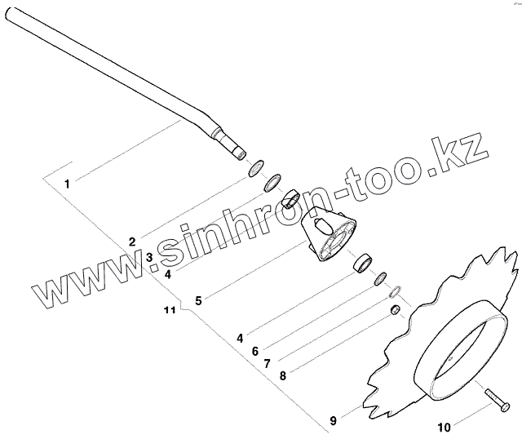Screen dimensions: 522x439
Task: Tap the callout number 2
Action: pos(131,242)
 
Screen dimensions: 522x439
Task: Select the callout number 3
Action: pos(149,257)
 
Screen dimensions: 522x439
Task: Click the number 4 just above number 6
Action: pos(239,338)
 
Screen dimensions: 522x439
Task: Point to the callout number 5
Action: pos(197,299)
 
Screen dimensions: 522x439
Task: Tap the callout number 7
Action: pos(268,364)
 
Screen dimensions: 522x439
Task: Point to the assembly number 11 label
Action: pos(170,311)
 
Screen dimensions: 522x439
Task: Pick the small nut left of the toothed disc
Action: pos(394,310)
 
